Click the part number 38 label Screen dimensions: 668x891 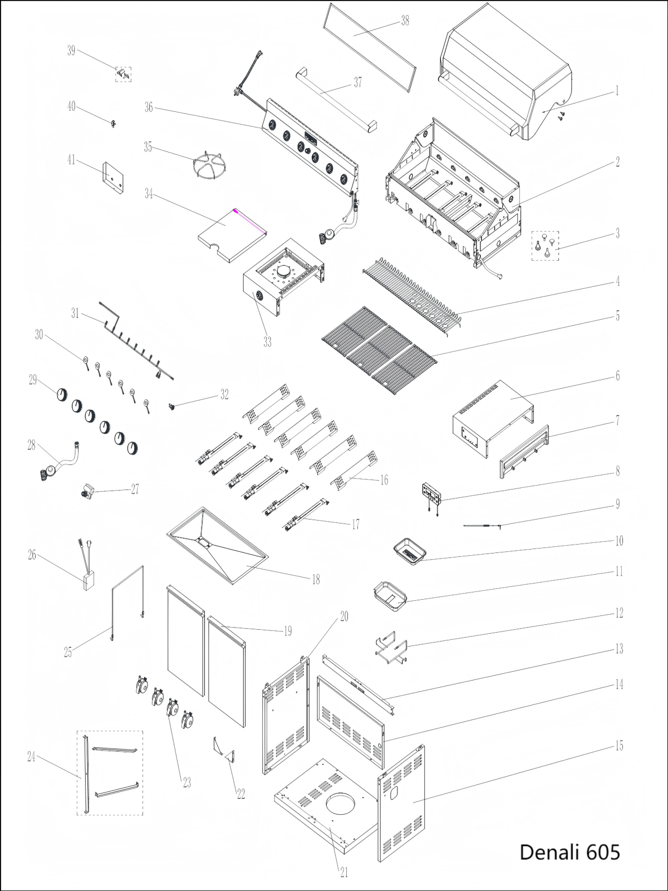[405, 21]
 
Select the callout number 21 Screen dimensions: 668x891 [343, 872]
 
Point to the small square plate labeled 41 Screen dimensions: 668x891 [113, 178]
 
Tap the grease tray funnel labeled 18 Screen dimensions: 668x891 [218, 545]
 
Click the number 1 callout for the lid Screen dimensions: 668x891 [617, 91]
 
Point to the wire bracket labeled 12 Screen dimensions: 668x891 [391, 648]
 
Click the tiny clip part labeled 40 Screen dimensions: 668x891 [113, 123]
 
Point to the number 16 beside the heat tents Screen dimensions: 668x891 [384, 480]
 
